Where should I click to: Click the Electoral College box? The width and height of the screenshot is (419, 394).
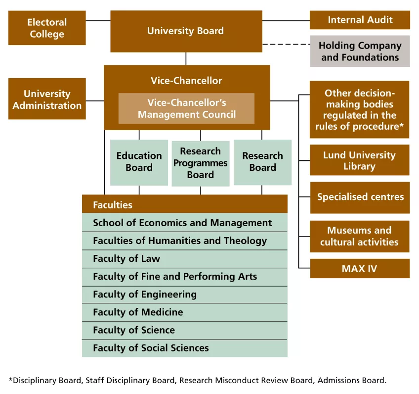point(47,28)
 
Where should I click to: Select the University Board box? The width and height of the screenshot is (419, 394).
point(186,31)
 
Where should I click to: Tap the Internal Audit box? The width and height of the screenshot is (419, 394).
point(360,20)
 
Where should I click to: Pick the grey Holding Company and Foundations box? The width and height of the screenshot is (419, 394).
point(360,51)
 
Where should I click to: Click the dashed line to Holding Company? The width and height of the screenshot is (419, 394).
point(286,45)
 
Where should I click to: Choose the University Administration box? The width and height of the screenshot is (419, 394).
point(47,99)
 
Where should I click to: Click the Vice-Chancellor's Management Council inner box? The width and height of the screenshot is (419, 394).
point(186,108)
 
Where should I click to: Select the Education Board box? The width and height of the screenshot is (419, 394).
point(139,162)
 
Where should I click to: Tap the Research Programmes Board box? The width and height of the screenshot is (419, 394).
point(201,163)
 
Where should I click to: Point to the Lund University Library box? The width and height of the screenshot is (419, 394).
point(359,160)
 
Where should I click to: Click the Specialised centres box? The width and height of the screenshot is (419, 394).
point(360,197)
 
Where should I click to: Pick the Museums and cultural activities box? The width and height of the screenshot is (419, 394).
point(359,236)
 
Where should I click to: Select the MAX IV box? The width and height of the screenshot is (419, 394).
point(360,268)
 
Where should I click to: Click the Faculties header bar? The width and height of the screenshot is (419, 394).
point(185,204)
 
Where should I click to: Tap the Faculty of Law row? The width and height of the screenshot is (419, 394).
point(185,259)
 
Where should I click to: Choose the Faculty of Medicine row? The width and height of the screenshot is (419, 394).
point(185,312)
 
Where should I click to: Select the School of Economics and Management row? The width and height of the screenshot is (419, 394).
point(185,222)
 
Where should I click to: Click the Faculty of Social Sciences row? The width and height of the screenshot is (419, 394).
point(185,348)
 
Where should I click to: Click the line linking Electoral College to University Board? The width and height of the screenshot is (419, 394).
point(98,21)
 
